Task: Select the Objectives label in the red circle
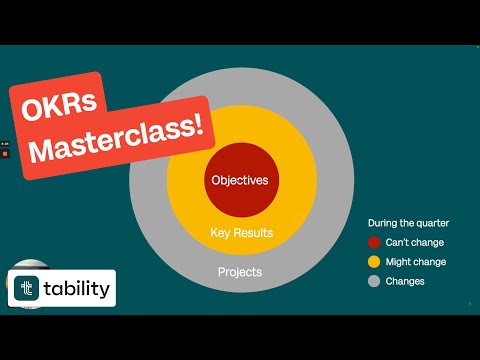(x=240, y=181)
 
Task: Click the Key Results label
(x=241, y=233)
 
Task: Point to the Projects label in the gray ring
(x=241, y=272)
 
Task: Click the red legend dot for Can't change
(x=374, y=242)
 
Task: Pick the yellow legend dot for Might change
(x=374, y=262)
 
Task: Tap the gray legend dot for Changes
(x=374, y=281)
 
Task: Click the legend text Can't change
(x=415, y=242)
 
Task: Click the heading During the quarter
(x=408, y=222)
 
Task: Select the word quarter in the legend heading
(x=431, y=222)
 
